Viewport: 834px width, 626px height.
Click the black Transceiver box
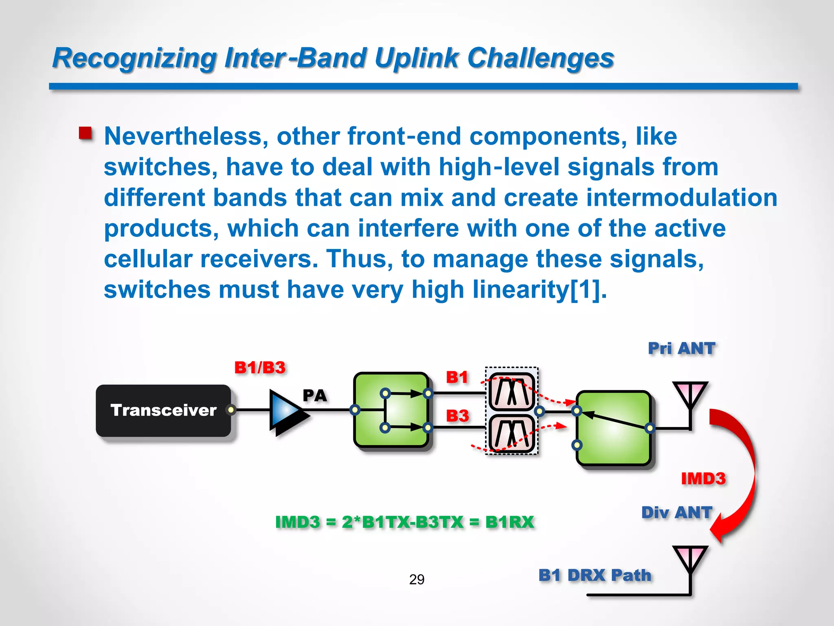163,410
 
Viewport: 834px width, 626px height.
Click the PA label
314,396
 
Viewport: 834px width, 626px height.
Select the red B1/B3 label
260,368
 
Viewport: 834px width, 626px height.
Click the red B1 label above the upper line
457,377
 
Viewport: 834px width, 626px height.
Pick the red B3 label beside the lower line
457,416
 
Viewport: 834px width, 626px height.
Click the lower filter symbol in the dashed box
511,434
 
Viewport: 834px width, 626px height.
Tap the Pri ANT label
681,348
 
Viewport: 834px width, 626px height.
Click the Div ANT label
676,512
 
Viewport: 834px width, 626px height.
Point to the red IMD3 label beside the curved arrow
703,478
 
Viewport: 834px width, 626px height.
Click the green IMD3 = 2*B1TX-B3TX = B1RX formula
404,522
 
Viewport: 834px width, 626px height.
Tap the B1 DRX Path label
595,575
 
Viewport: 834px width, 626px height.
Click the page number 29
417,579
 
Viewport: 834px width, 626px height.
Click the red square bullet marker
86,133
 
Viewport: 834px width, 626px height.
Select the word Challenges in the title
540,58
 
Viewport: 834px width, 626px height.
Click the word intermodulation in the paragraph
682,198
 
